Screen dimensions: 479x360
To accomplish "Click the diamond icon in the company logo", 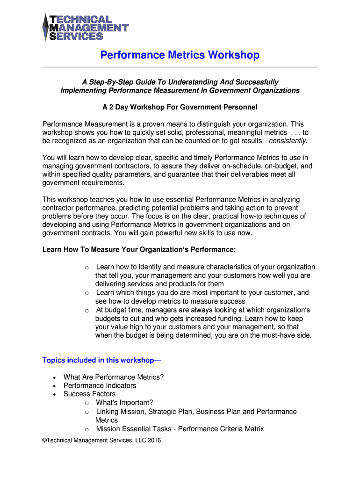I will pos(46,27).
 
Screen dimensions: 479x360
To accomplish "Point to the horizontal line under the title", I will pos(180,67).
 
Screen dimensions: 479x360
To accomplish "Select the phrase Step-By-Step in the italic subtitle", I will pos(109,82).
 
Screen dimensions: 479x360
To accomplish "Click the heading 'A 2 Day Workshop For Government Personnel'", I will pos(180,107).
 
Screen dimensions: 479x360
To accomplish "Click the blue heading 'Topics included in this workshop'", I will pos(102,360).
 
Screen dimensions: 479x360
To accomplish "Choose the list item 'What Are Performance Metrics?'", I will pos(114,377).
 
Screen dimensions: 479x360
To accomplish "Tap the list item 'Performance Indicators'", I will pos(100,385).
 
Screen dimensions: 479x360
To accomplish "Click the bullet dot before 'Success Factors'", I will pos(55,394).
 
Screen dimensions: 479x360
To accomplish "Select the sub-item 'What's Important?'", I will pos(124,403).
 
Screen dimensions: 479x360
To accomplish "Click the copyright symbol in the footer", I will pos(44,440).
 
